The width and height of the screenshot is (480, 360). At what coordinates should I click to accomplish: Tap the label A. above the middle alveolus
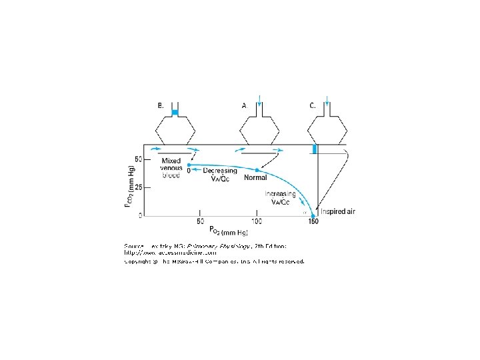tap(245, 105)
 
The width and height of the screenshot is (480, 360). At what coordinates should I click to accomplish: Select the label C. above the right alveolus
tap(313, 105)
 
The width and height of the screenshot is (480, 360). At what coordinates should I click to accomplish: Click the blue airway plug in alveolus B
tap(175, 113)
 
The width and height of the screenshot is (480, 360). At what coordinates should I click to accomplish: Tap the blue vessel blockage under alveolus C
tap(315, 149)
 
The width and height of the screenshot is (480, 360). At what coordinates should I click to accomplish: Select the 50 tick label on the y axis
tap(137, 159)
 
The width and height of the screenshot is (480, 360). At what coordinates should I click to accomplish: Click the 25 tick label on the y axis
tap(137, 187)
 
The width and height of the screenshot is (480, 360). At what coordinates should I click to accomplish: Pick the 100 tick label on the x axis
tap(256, 221)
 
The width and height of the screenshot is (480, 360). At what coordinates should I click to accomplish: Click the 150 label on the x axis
tap(313, 222)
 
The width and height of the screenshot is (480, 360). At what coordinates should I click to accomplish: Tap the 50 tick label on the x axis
tap(199, 221)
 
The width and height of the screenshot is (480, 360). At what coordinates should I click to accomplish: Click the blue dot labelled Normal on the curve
tap(257, 170)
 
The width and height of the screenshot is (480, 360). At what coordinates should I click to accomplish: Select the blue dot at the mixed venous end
tap(189, 165)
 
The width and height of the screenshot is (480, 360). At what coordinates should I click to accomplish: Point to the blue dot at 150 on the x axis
tap(313, 215)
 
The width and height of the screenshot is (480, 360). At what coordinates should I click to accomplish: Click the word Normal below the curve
tap(255, 178)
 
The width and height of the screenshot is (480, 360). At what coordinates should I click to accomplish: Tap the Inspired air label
tap(338, 211)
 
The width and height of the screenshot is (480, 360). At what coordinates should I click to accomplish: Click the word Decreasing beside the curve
tap(220, 171)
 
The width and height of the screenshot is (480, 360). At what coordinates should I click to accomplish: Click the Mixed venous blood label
tap(171, 168)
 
